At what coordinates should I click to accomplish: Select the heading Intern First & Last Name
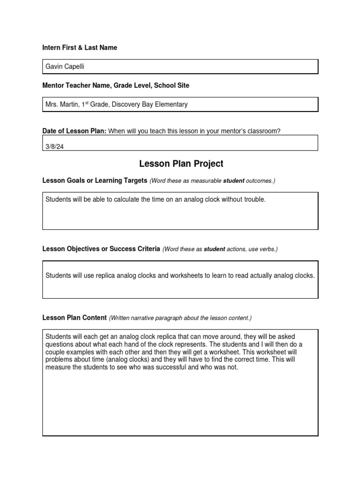[80, 48]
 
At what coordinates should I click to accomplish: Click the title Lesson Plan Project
[181, 164]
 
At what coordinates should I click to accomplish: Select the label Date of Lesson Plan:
[75, 131]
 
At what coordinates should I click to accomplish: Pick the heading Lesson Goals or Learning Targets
[95, 181]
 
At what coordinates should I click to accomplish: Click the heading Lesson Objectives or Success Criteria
[101, 249]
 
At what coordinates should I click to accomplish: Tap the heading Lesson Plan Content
[75, 318]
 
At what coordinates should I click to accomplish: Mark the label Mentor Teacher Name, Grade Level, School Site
[116, 86]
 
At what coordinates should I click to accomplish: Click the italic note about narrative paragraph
[180, 318]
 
